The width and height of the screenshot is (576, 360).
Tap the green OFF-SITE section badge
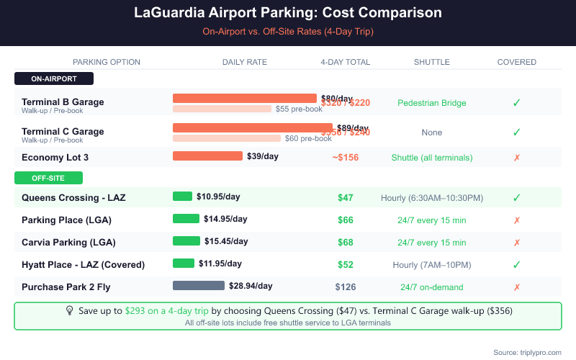[49, 178]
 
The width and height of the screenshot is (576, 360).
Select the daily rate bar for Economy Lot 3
[207, 156]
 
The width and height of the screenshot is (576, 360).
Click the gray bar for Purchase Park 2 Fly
[199, 286]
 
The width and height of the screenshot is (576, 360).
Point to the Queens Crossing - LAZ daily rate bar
[182, 197]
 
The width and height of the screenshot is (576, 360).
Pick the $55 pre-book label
[299, 109]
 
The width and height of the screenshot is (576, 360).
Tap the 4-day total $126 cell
[346, 287]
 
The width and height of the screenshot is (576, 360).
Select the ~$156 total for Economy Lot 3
[346, 158]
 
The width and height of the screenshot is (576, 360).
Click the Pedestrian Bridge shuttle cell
[432, 103]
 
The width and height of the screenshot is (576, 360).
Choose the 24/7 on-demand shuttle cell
[432, 287]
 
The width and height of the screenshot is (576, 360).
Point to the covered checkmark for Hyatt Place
[516, 264]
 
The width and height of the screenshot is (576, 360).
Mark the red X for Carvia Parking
[516, 243]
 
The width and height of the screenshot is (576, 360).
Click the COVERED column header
[516, 62]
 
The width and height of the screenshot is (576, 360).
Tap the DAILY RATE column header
[245, 62]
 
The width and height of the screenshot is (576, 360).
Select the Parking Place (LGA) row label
[66, 220]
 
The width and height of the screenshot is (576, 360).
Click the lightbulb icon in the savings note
[70, 310]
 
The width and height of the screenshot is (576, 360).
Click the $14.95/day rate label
[225, 219]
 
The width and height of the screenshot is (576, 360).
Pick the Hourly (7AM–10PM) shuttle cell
[432, 264]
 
